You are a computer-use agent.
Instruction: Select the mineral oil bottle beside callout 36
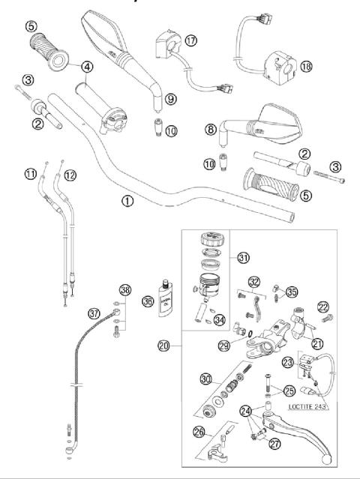coord(163,297)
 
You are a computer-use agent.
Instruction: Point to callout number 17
coord(191,40)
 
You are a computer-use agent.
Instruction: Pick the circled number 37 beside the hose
coord(94,312)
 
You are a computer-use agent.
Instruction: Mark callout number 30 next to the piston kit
coord(205,381)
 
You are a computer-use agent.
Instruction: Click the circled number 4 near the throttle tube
coord(88,66)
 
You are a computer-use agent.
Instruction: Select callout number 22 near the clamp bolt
coord(323,307)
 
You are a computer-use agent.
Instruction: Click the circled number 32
coord(255,283)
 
